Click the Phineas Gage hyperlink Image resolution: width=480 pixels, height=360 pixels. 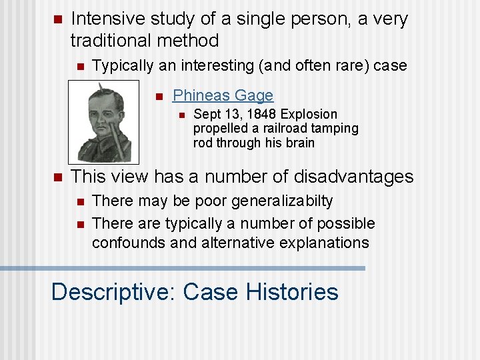pyautogui.click(x=223, y=95)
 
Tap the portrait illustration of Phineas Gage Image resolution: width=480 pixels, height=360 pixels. pyautogui.click(x=104, y=123)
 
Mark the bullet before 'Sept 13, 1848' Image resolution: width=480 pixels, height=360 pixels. pyautogui.click(x=180, y=115)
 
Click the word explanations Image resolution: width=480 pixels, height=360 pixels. pyautogui.click(x=321, y=243)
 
